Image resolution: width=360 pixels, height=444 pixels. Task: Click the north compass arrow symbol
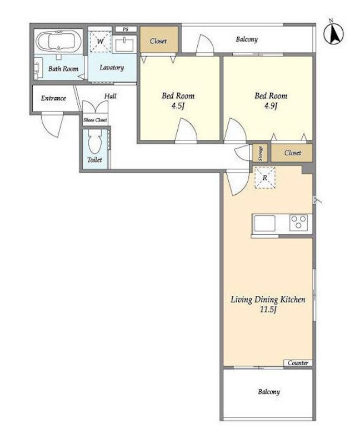pos(334,33)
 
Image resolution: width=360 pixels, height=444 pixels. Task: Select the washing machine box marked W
pos(101,42)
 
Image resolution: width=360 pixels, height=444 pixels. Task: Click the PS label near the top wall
pos(126,29)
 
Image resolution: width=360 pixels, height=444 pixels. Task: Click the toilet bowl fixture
pos(94,142)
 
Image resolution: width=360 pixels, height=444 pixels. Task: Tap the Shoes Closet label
pos(95,120)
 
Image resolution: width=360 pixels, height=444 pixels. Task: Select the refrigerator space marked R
pos(265,178)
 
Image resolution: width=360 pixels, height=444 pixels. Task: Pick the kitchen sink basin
pos(264,224)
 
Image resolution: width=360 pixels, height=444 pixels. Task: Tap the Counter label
pos(298,363)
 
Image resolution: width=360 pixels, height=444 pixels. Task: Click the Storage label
pos(260,153)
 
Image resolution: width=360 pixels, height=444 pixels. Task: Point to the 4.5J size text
pos(178,106)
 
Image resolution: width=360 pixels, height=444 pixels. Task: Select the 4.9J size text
pos(271,106)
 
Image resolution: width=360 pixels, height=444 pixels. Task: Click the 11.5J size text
pos(268,309)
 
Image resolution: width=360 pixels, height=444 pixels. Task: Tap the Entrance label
pos(53,98)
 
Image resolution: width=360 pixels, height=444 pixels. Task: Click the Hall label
pos(110,96)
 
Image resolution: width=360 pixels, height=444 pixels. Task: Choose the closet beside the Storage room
pos(292,153)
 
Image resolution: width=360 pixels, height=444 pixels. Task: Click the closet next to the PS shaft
pos(159,39)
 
